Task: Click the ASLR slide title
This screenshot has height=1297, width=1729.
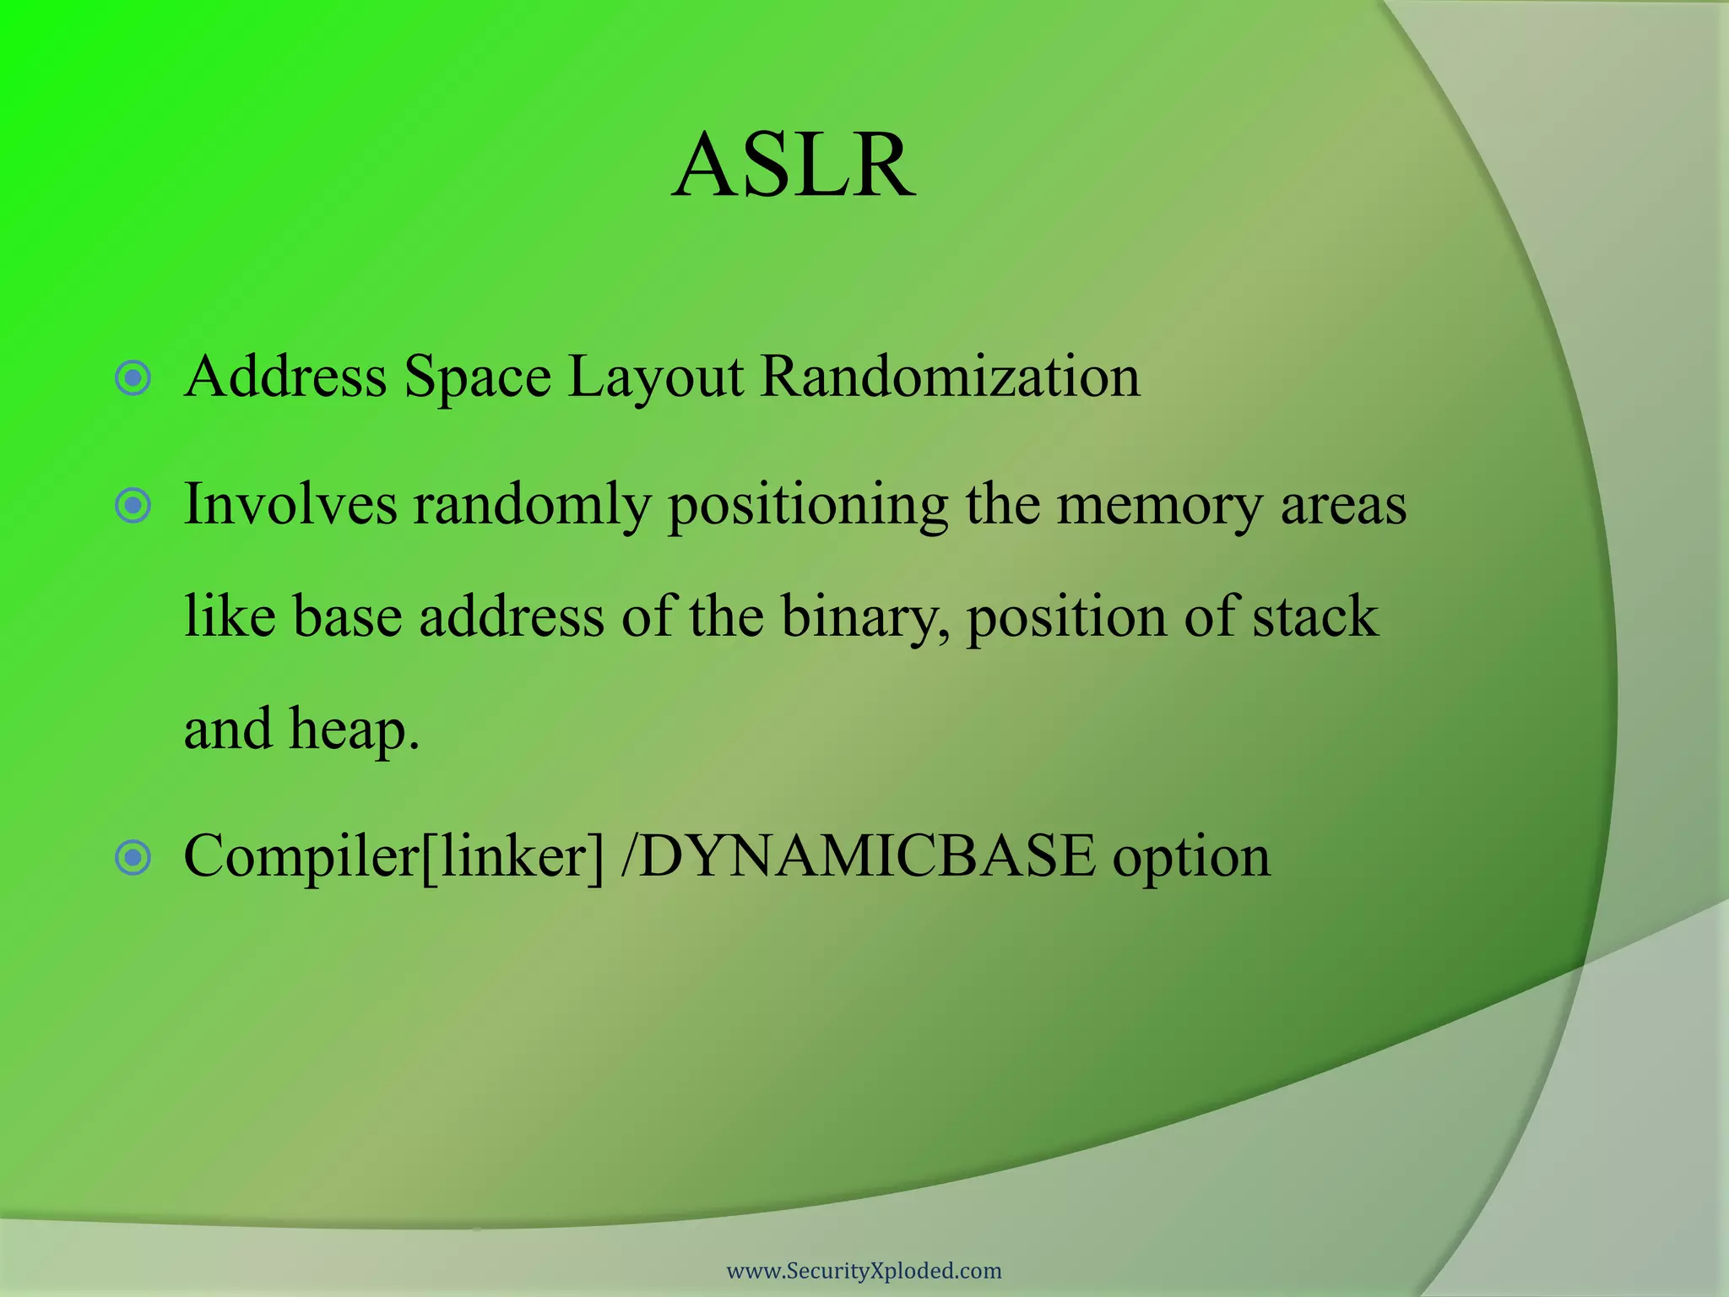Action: pyautogui.click(x=794, y=166)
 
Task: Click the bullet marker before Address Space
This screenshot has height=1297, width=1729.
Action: pyautogui.click(x=133, y=377)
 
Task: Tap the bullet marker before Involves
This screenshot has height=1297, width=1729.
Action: pyautogui.click(x=133, y=506)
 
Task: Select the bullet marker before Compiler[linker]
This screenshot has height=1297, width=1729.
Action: pyautogui.click(x=133, y=858)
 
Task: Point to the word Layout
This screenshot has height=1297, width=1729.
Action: pyautogui.click(x=655, y=378)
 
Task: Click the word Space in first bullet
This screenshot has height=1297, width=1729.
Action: pyautogui.click(x=477, y=378)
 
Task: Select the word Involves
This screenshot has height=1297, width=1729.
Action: pyautogui.click(x=290, y=504)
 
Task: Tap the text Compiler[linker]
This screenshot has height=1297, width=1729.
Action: pyautogui.click(x=394, y=856)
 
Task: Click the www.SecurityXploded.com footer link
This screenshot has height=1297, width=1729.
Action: pyautogui.click(x=864, y=1271)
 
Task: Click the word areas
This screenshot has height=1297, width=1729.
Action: pyautogui.click(x=1343, y=506)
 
